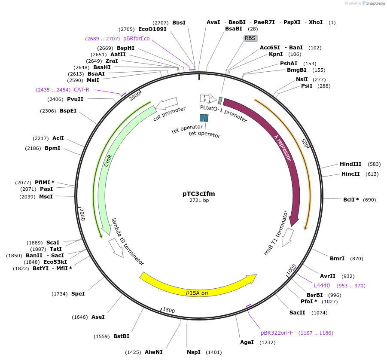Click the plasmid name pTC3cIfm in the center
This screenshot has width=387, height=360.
(x=198, y=194)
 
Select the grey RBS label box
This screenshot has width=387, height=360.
(x=250, y=38)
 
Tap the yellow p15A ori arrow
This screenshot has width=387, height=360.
(x=198, y=287)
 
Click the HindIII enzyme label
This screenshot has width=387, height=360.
(x=350, y=164)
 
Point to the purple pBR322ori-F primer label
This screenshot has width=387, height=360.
(x=277, y=333)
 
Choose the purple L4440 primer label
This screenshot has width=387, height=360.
(x=322, y=286)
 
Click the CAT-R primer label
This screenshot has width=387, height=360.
(x=82, y=90)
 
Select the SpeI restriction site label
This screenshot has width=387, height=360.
(x=78, y=294)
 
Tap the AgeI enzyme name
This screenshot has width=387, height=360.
(x=247, y=342)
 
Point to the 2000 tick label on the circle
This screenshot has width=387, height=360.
(x=82, y=214)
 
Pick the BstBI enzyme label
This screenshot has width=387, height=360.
(x=121, y=336)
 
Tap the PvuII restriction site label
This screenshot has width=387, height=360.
(x=75, y=99)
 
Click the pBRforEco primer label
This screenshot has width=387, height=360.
(x=136, y=39)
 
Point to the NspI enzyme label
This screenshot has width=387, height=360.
(x=194, y=352)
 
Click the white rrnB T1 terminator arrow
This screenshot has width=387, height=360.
(x=287, y=237)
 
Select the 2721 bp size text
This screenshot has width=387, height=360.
(x=199, y=201)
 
